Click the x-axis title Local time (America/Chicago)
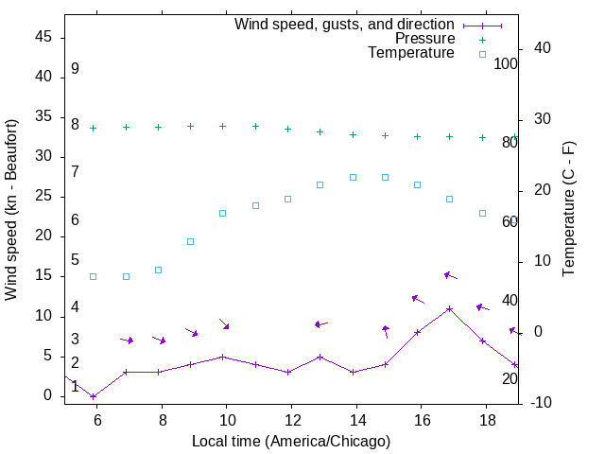coord(290,441)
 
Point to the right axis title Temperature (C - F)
coord(568,210)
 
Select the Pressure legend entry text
coord(424,39)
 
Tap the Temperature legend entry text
coord(411,53)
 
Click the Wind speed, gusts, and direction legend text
coord(345,25)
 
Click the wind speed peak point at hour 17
coord(450,308)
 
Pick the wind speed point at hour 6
coord(93,396)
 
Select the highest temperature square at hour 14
coord(353,177)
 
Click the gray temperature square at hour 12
coord(288,199)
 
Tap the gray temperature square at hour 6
coord(93,276)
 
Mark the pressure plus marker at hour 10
coord(223,126)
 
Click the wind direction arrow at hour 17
coord(450,275)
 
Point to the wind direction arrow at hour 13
coord(320,324)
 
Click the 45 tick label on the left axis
coord(43,37)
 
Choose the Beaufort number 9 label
coord(75,69)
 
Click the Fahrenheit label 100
coord(507,64)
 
